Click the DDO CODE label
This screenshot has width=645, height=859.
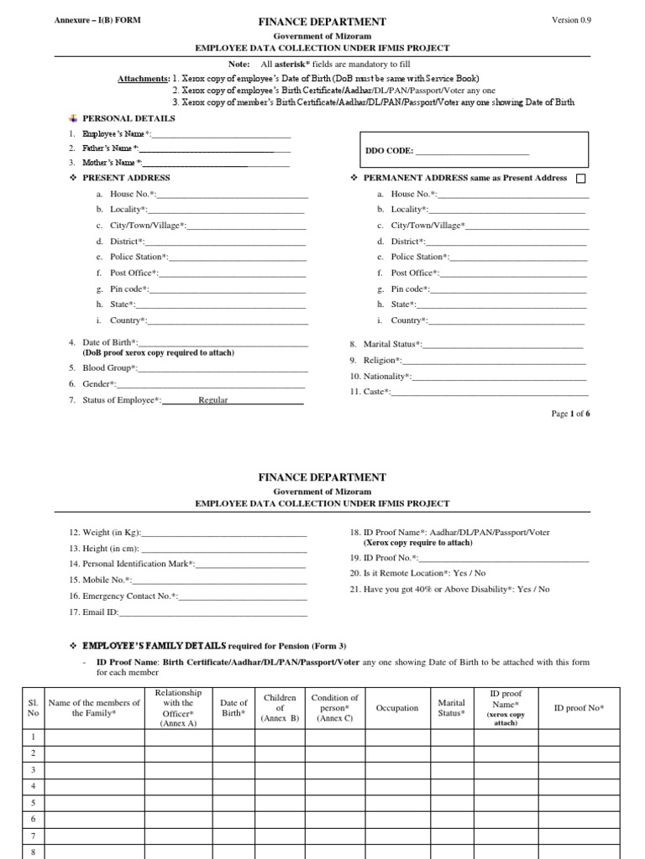[391, 152]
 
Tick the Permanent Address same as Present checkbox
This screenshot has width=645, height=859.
[581, 179]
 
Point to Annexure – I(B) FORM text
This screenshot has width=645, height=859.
[87, 20]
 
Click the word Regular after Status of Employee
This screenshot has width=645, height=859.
[213, 400]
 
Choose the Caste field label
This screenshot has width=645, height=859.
[375, 392]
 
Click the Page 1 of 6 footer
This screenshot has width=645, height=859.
[570, 414]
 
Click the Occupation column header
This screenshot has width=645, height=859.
[397, 708]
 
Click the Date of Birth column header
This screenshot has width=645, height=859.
[233, 708]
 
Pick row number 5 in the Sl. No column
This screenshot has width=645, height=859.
[33, 803]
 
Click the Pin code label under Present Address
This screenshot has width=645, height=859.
[129, 289]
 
